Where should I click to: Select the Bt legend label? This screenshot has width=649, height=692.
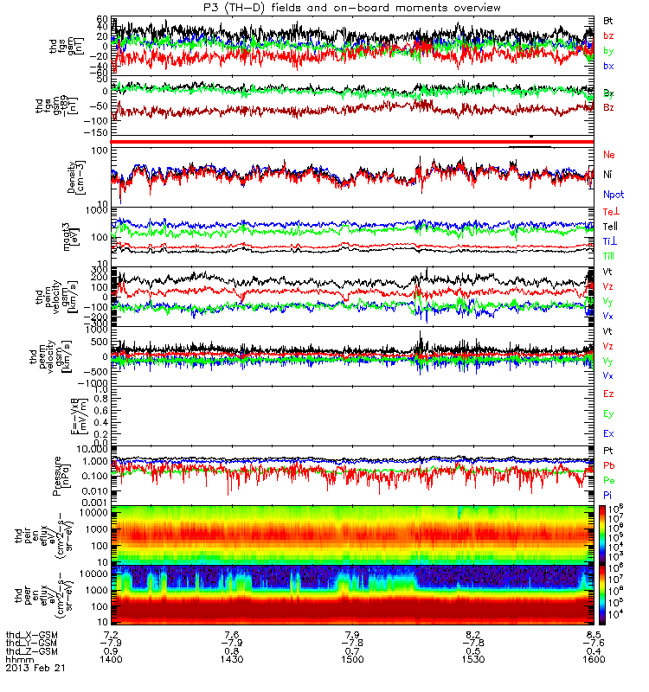[608, 19]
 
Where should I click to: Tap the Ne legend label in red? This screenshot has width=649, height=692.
[608, 154]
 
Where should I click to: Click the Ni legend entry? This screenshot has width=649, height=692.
[607, 175]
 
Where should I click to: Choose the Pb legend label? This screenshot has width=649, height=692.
[608, 465]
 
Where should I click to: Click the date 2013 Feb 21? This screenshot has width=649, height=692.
[36, 669]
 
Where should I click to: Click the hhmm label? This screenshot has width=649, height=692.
[19, 659]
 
